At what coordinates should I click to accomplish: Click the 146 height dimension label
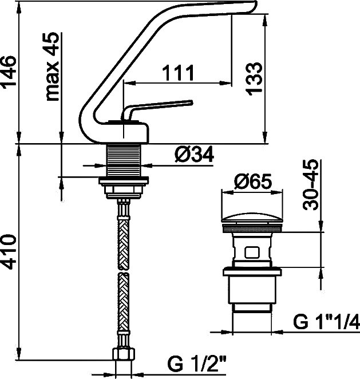click(x=9, y=72)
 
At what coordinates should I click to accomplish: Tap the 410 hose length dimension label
click(x=9, y=251)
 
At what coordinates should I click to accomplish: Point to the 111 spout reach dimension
click(x=178, y=73)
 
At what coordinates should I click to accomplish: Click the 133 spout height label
click(x=254, y=78)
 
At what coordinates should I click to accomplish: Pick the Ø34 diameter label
click(x=194, y=155)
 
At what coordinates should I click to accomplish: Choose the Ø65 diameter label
click(x=253, y=181)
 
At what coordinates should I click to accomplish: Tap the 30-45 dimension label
click(x=310, y=185)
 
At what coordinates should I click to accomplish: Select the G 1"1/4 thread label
click(x=326, y=322)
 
